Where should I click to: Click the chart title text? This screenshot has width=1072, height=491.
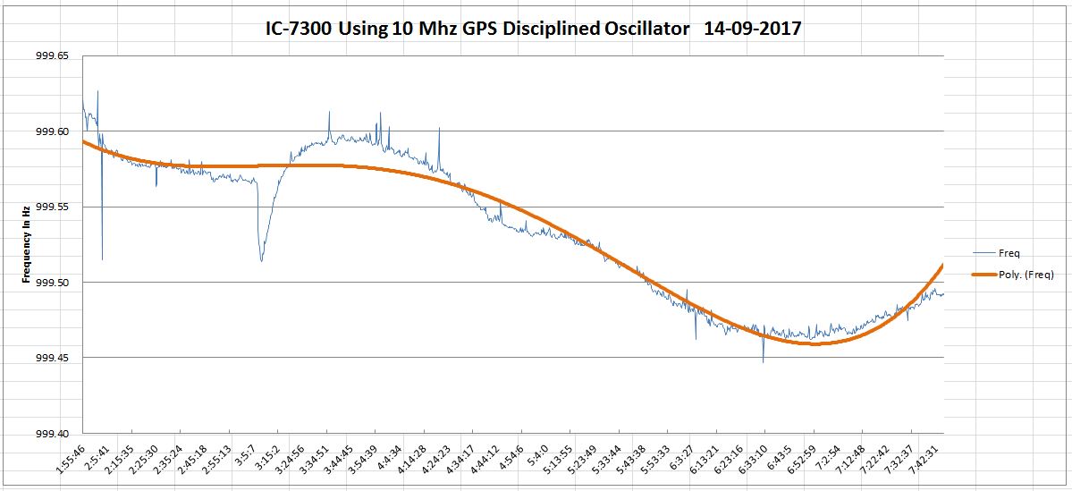point(534,29)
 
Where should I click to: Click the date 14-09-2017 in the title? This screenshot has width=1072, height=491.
point(752,29)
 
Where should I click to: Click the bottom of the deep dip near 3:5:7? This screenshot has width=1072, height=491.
point(261,261)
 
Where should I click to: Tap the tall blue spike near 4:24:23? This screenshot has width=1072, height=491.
point(439,130)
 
